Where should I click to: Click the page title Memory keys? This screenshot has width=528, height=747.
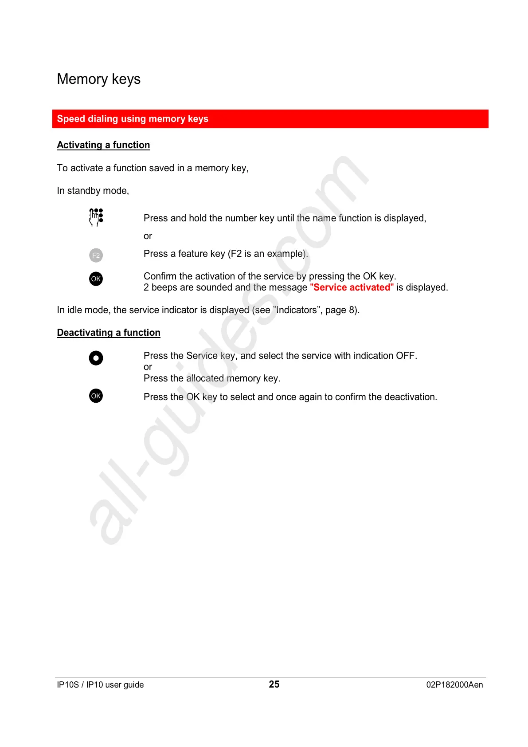[98, 79]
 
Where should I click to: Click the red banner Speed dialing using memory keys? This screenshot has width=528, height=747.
[133, 119]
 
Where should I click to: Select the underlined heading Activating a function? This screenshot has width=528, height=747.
[103, 145]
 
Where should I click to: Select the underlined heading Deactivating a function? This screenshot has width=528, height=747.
[109, 333]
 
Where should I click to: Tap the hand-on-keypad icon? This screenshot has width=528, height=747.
[96, 217]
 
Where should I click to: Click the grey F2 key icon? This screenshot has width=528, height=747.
[96, 255]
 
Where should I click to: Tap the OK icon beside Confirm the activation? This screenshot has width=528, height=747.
[96, 279]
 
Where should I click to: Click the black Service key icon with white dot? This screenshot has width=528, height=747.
[96, 358]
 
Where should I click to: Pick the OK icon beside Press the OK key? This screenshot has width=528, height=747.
[96, 396]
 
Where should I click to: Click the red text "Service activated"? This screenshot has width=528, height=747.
[352, 287]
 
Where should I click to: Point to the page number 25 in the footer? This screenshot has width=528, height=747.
[274, 684]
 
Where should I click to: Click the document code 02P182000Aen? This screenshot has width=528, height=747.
[454, 685]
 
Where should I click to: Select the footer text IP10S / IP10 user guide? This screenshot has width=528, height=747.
[100, 685]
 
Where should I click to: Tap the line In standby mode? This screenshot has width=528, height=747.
[93, 191]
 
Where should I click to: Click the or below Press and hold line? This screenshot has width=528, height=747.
[148, 236]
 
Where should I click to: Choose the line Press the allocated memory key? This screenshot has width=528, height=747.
[212, 378]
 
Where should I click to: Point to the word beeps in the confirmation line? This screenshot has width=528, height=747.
[164, 287]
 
